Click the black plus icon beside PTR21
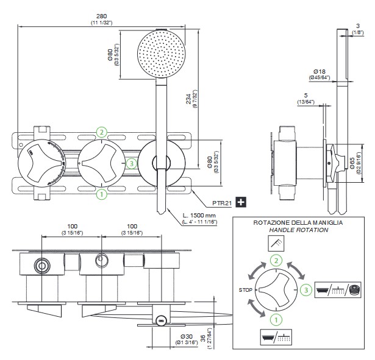tap(241, 201)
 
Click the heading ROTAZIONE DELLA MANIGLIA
tap(298, 224)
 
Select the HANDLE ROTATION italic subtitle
tap(298, 231)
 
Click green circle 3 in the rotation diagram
tap(305, 290)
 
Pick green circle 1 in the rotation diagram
tap(276, 318)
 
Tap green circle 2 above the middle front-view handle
tap(102, 132)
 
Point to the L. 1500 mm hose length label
tap(199, 215)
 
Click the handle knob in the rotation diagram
tap(276, 290)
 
